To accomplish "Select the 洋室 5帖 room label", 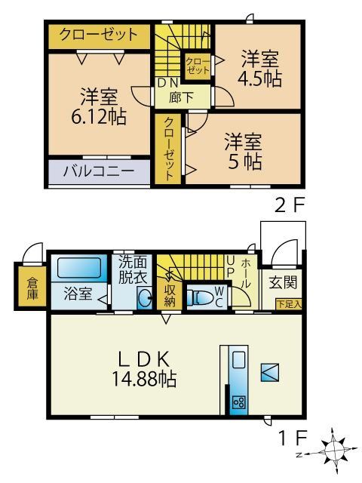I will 243,151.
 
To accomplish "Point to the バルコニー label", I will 100,171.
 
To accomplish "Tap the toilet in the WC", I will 199,297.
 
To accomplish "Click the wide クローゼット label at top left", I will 99,35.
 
